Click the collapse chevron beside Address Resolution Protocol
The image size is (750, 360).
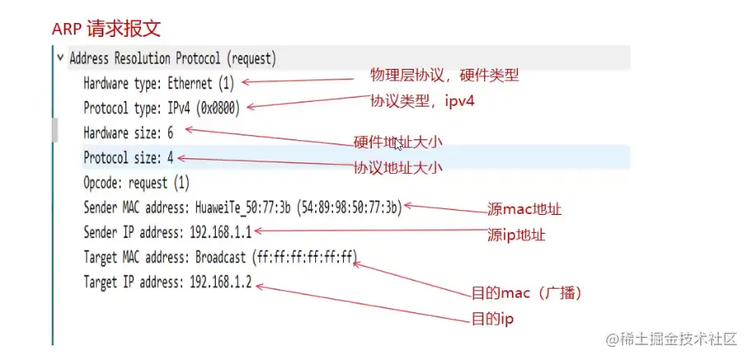pyautogui.click(x=60, y=58)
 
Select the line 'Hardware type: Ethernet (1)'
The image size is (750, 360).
pyautogui.click(x=158, y=83)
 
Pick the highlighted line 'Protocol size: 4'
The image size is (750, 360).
pyautogui.click(x=128, y=157)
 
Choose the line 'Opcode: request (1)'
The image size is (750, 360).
pyautogui.click(x=136, y=182)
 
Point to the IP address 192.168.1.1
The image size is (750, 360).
pyautogui.click(x=220, y=232)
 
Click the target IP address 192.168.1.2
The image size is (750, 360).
pyautogui.click(x=221, y=282)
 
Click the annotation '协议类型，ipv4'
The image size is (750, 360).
pyautogui.click(x=423, y=102)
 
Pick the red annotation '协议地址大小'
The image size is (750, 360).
pyautogui.click(x=398, y=167)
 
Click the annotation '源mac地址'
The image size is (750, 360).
pyautogui.click(x=524, y=209)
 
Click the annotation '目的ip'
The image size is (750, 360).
pyautogui.click(x=492, y=317)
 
